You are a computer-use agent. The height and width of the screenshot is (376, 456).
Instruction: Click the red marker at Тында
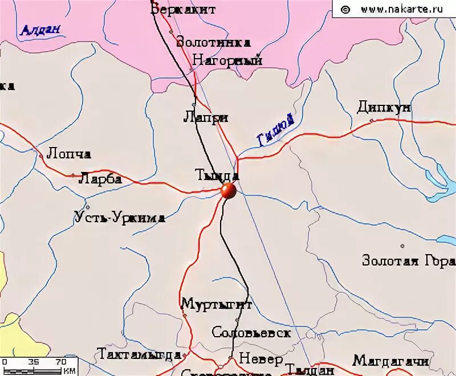228,191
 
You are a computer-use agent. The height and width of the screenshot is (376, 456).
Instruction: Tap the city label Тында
216,175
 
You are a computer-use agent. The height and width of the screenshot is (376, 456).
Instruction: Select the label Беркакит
176,9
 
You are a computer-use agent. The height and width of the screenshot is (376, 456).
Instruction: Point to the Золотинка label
214,42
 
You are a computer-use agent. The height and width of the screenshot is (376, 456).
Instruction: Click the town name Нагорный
227,60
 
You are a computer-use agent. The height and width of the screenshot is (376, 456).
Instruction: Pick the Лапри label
206,117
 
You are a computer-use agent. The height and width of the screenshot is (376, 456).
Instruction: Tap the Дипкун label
384,107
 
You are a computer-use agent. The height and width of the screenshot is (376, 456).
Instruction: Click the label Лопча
69,154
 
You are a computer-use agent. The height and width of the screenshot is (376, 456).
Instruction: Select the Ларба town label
101,179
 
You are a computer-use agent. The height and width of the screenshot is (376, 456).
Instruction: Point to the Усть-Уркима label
120,217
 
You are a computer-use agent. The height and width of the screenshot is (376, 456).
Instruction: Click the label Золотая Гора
409,261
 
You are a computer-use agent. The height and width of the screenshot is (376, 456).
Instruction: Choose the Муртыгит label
217,304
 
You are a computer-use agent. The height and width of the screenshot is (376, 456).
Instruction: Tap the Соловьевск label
251,333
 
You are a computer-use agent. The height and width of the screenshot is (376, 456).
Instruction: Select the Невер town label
260,359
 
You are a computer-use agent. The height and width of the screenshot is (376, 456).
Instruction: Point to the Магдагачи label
391,361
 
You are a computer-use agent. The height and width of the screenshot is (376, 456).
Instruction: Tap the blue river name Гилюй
276,130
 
